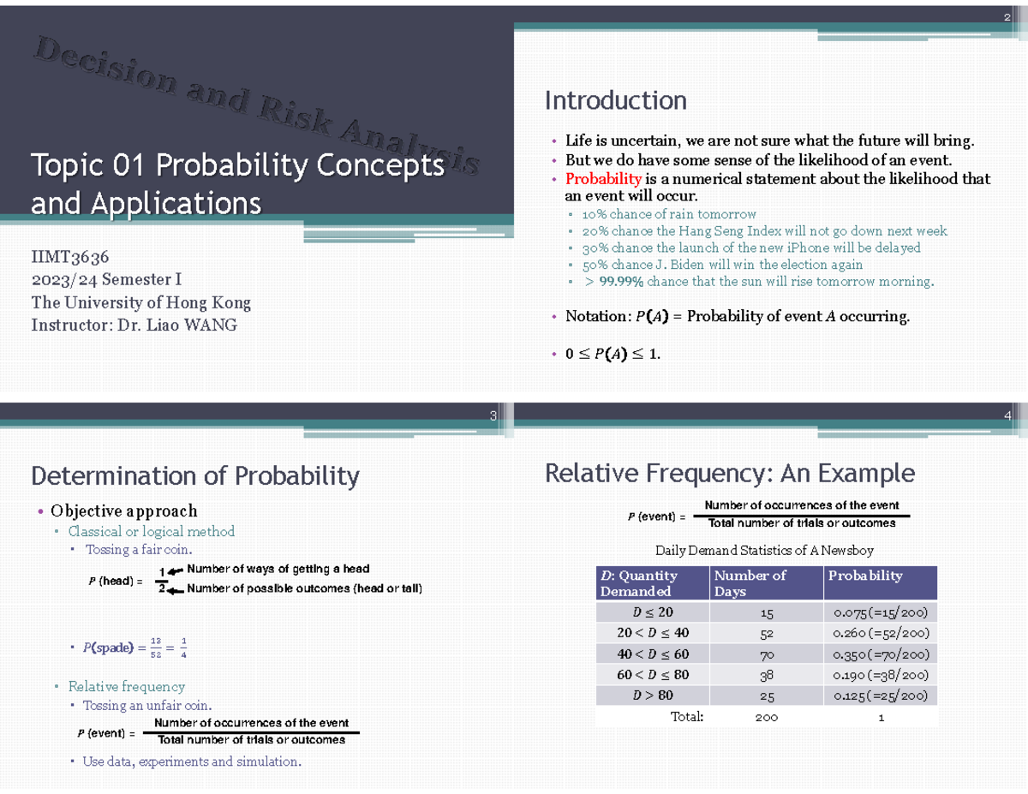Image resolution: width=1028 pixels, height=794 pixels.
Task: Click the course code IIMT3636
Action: point(70,257)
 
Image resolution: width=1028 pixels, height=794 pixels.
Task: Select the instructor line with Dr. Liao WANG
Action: point(134,325)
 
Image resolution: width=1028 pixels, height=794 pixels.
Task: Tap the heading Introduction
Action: point(615,101)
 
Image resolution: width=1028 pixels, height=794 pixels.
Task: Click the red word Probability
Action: point(603,179)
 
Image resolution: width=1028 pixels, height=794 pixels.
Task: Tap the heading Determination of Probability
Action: point(194,475)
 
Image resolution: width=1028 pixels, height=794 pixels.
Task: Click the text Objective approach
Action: point(123,511)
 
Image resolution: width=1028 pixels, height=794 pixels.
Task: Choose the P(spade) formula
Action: point(135,648)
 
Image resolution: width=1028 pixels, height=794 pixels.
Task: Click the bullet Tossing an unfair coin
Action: point(146,706)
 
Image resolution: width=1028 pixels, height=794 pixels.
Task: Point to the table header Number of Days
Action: point(750,582)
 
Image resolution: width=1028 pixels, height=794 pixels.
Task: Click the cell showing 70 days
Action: point(766,654)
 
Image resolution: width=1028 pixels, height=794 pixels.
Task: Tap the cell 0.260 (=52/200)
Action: point(881,633)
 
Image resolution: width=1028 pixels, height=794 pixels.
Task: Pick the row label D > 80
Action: point(652,695)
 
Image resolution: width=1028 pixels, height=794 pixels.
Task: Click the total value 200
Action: point(766,717)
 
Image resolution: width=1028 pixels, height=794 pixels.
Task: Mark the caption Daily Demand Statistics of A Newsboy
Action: point(764,550)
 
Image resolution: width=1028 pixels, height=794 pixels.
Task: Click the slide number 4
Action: point(1007,417)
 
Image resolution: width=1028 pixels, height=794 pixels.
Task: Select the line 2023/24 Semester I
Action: point(106,279)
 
